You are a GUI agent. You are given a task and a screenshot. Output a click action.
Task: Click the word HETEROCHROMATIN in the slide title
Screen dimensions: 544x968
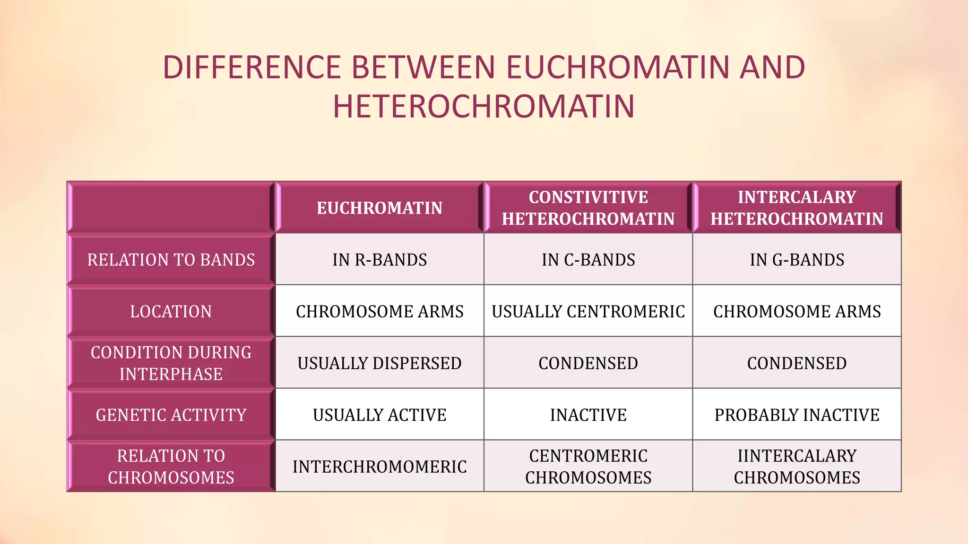(x=484, y=106)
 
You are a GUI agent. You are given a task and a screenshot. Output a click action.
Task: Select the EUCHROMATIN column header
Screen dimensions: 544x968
(x=380, y=208)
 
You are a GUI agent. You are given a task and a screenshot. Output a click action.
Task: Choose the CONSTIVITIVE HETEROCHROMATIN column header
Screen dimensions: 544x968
(x=588, y=208)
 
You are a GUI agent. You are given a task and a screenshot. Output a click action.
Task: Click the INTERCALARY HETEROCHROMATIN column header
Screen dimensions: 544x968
(x=797, y=208)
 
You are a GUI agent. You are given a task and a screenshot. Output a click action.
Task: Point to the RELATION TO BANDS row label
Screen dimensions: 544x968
(x=171, y=260)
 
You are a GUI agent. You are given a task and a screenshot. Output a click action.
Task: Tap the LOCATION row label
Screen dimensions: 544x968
(x=171, y=312)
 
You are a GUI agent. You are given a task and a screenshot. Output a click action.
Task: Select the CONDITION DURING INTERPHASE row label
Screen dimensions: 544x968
(x=171, y=363)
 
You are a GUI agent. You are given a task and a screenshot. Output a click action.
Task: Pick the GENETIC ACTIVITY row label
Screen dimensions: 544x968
(x=171, y=415)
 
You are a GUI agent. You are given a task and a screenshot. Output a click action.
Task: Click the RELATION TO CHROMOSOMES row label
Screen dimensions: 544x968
(x=171, y=467)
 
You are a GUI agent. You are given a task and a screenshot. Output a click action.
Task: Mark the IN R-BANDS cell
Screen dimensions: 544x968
(x=380, y=260)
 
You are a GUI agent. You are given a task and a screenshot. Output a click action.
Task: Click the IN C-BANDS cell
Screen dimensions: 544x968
(x=588, y=260)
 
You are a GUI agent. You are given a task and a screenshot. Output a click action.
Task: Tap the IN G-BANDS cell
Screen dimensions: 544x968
(x=797, y=260)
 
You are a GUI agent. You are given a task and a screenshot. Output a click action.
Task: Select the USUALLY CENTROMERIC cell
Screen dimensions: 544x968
(x=588, y=312)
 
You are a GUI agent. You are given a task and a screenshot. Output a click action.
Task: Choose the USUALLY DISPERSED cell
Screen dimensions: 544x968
(x=380, y=363)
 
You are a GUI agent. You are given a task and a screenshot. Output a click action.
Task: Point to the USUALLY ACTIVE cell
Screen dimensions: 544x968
(x=380, y=415)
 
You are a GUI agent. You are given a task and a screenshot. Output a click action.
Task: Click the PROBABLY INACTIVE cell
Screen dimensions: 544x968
(x=797, y=415)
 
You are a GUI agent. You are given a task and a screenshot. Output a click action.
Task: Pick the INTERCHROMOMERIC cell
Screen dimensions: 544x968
(x=380, y=467)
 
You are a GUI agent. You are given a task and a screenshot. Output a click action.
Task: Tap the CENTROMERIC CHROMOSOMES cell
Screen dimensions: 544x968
(x=588, y=467)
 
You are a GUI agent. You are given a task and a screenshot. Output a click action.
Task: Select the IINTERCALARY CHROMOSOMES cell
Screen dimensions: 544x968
(x=797, y=467)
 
